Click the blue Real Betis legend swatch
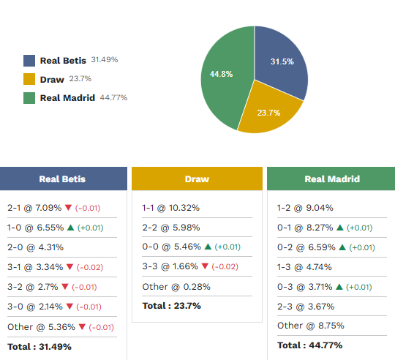pyautogui.click(x=29, y=61)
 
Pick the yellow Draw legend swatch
pyautogui.click(x=29, y=79)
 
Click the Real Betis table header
pyautogui.click(x=62, y=179)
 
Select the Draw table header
pyautogui.click(x=197, y=179)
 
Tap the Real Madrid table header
pyautogui.click(x=332, y=179)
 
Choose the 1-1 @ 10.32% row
pyautogui.click(x=170, y=208)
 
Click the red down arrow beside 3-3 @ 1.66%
pyautogui.click(x=205, y=266)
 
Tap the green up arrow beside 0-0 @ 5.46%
pyautogui.click(x=207, y=247)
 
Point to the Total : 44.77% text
pyautogui.click(x=309, y=345)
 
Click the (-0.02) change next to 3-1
pyautogui.click(x=90, y=268)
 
